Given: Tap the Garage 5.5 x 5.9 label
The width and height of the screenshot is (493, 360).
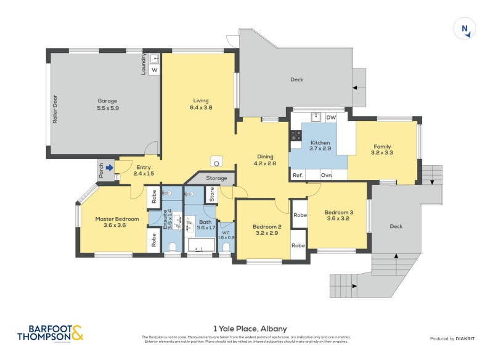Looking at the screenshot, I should pyautogui.click(x=107, y=104).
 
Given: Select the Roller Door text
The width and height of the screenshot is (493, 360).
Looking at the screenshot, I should pyautogui.click(x=55, y=109).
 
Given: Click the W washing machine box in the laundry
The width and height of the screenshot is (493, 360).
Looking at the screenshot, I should pyautogui.click(x=154, y=70).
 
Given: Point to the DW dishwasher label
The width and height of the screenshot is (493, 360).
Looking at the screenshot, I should pyautogui.click(x=330, y=118).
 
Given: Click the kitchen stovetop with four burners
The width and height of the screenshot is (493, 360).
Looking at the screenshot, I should pyautogui.click(x=296, y=134).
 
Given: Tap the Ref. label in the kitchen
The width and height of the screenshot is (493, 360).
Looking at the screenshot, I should pyautogui.click(x=298, y=175).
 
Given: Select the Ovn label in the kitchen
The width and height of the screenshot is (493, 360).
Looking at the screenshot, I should pyautogui.click(x=326, y=175).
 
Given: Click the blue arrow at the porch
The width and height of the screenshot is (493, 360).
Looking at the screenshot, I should pyautogui.click(x=109, y=167).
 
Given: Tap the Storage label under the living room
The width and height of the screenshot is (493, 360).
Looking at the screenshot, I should pyautogui.click(x=216, y=178).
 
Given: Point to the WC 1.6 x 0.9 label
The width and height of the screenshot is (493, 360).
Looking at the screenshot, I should pyautogui.click(x=226, y=234).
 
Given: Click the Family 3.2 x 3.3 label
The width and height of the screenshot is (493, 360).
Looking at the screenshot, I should pyautogui.click(x=382, y=149).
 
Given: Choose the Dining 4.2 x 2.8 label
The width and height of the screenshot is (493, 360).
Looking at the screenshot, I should pyautogui.click(x=265, y=160).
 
